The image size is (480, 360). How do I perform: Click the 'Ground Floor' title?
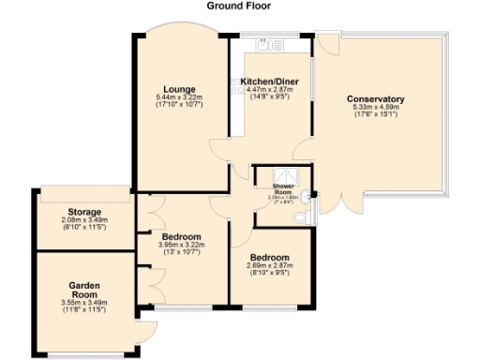click(239, 6)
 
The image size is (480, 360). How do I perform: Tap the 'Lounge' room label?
click(178, 90)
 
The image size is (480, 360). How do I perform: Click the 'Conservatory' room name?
click(375, 99)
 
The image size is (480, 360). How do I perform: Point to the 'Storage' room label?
click(84, 212)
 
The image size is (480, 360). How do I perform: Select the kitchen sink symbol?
click(266, 43)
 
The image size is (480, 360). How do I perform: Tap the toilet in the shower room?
click(300, 217)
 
